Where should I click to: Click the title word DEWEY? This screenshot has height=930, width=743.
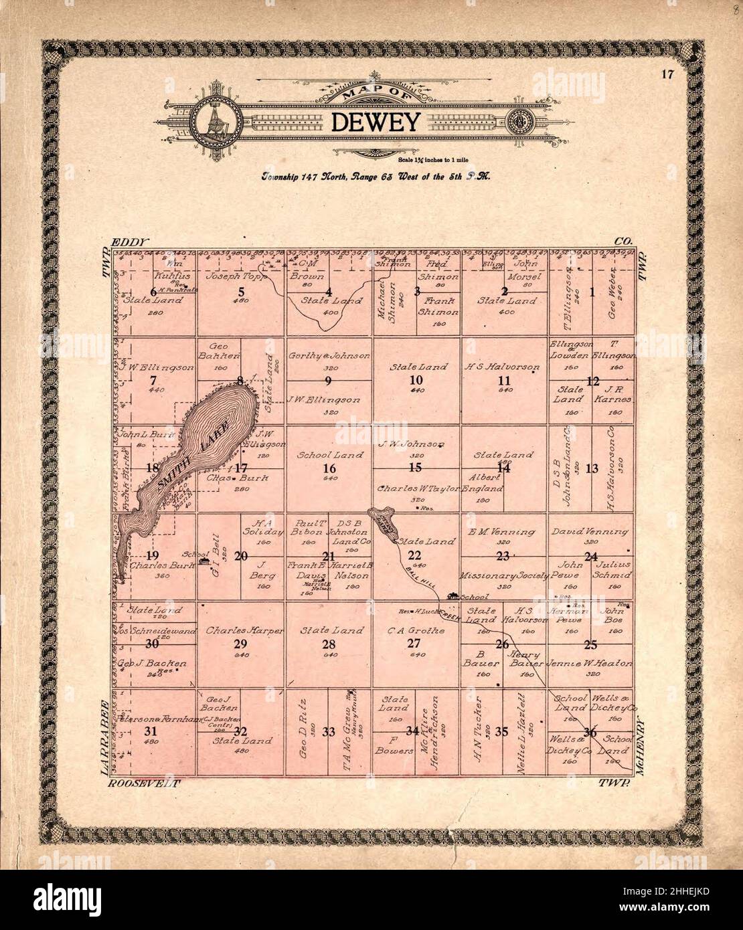[374, 122]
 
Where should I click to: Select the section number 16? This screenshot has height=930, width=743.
[329, 468]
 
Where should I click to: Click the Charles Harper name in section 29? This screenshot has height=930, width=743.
[245, 630]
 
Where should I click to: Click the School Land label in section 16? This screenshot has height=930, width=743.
[330, 455]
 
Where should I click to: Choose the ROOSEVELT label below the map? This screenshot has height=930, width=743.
[143, 782]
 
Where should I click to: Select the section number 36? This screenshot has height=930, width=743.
[590, 731]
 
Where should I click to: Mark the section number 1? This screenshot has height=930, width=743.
[592, 291]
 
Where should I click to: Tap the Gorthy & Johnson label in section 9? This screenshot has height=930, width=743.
[329, 356]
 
